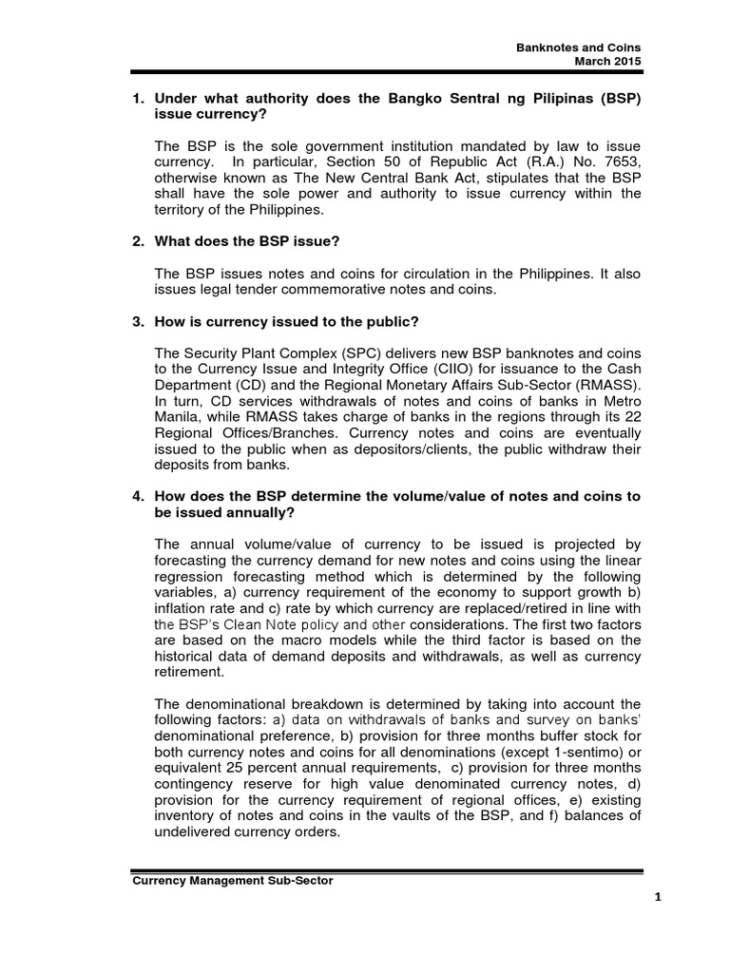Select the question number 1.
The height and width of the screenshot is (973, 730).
pyautogui.click(x=136, y=98)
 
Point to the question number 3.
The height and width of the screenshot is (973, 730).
pyautogui.click(x=136, y=322)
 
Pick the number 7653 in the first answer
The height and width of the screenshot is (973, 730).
pyautogui.click(x=618, y=162)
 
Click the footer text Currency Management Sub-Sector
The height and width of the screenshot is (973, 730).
pyautogui.click(x=232, y=880)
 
